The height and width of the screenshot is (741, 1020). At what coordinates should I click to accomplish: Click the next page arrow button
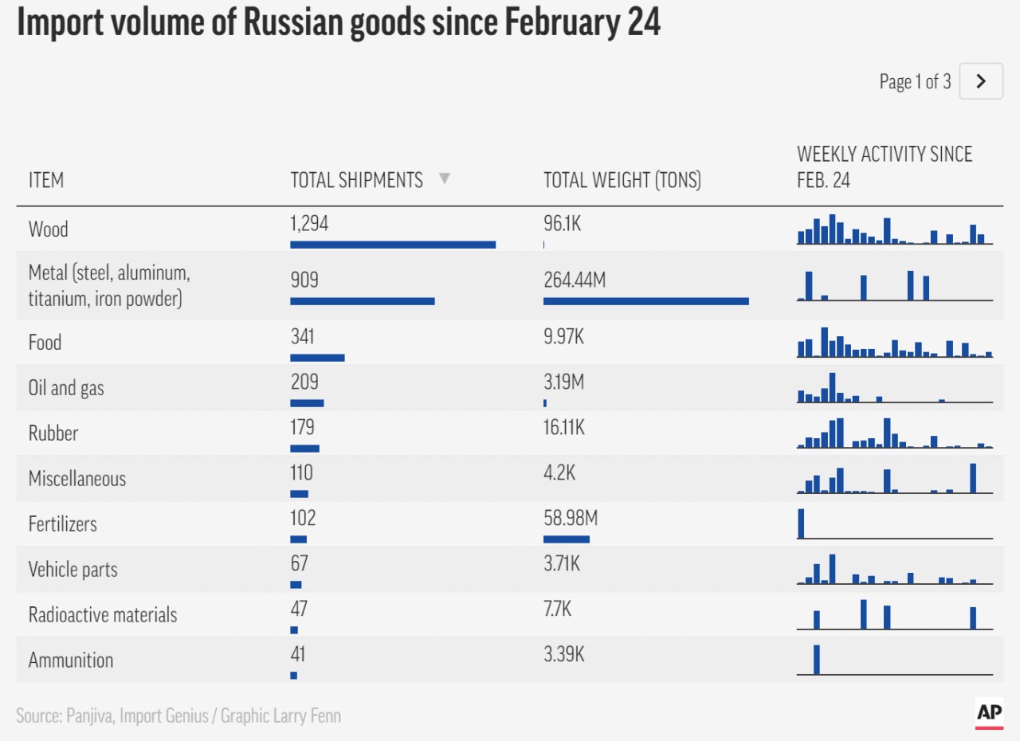click(x=981, y=81)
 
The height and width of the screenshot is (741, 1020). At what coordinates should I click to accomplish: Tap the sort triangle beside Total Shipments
click(x=445, y=179)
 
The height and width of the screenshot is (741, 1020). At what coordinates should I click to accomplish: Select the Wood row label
click(x=48, y=229)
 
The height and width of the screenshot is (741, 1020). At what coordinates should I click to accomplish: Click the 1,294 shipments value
click(x=309, y=224)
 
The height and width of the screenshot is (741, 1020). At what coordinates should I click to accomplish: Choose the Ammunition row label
click(x=71, y=660)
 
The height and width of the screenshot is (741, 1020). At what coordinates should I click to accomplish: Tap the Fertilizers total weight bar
click(x=567, y=539)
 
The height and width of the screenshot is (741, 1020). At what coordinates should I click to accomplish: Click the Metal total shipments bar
click(x=362, y=301)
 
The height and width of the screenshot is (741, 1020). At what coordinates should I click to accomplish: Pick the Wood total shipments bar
click(x=393, y=245)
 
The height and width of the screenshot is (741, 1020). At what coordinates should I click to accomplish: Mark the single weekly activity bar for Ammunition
click(x=817, y=660)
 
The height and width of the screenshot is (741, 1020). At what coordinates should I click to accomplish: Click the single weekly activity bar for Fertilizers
click(x=801, y=523)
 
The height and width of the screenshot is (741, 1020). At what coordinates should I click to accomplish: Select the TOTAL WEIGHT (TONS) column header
click(x=622, y=180)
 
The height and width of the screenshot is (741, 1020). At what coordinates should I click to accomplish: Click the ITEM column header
click(x=45, y=180)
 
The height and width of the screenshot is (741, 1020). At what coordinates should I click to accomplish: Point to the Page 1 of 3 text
click(x=914, y=81)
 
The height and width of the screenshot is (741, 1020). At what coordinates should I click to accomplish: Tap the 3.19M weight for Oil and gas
click(x=563, y=382)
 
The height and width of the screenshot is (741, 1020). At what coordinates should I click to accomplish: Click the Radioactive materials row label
click(x=103, y=615)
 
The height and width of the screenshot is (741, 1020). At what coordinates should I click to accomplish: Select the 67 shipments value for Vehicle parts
click(x=299, y=564)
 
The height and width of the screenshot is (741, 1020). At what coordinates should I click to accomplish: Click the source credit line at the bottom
click(x=178, y=716)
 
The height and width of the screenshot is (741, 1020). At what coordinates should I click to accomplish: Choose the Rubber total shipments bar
click(x=304, y=449)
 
